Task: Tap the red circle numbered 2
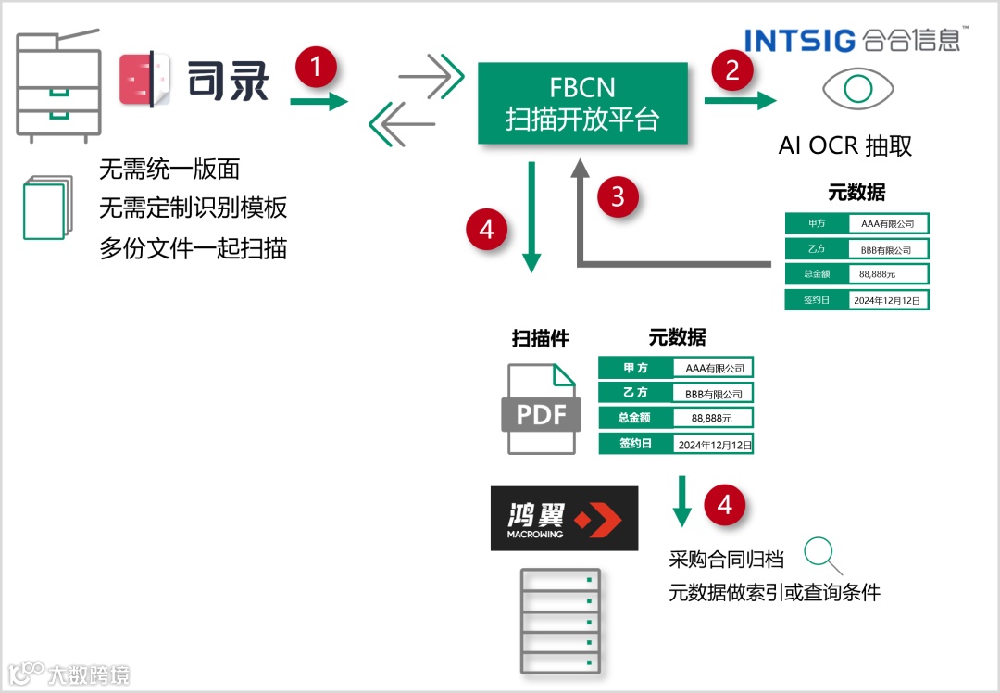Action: click(x=731, y=69)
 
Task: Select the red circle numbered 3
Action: click(x=618, y=196)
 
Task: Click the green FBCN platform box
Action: click(x=582, y=103)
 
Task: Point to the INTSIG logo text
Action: click(x=800, y=41)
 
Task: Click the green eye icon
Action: click(x=858, y=89)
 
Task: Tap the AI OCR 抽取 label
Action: click(x=845, y=145)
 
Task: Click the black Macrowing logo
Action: click(x=564, y=518)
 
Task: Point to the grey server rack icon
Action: click(x=559, y=622)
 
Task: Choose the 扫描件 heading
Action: click(x=541, y=339)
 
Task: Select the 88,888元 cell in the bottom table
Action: click(x=712, y=418)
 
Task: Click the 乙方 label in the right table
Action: click(x=816, y=249)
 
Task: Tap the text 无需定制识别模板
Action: click(x=194, y=208)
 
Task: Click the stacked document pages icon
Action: click(x=45, y=207)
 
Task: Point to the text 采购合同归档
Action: click(x=727, y=560)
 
